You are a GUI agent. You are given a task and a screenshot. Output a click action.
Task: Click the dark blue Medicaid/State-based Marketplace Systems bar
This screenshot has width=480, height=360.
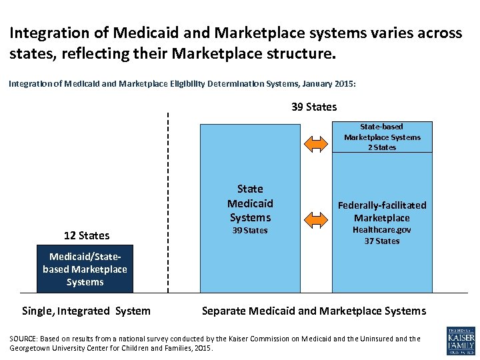click(85, 269)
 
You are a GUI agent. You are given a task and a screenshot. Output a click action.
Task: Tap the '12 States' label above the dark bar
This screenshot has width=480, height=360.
click(87, 235)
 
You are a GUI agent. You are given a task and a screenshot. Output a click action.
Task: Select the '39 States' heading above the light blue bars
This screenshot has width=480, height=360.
click(314, 107)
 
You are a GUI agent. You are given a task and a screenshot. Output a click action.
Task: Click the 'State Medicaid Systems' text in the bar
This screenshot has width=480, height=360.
click(250, 203)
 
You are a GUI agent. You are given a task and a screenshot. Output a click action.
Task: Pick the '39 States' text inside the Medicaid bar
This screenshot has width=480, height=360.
click(250, 231)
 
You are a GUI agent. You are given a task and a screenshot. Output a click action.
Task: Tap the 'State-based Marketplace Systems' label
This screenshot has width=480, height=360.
click(382, 131)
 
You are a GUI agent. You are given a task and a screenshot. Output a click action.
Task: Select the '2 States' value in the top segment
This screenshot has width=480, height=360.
click(382, 147)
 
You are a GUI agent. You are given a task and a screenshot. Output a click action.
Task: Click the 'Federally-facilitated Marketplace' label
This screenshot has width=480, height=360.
click(382, 211)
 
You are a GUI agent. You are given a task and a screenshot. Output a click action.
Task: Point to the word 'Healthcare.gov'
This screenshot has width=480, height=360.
click(382, 229)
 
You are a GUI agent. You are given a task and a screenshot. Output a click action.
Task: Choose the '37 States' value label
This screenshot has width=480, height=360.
click(382, 241)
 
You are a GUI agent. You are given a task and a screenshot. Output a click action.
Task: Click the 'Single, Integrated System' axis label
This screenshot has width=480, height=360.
click(86, 311)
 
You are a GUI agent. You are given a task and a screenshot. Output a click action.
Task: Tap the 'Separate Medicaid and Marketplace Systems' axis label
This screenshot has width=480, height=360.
click(313, 311)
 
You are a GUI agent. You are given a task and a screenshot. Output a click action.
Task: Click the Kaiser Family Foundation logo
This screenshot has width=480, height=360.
click(461, 341)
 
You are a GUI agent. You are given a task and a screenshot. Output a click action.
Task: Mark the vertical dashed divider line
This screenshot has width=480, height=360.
click(168, 200)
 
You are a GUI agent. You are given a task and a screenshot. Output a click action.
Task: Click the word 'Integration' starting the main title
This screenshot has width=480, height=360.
click(43, 33)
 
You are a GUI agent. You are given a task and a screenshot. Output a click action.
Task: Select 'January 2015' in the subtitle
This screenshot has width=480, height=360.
click(327, 85)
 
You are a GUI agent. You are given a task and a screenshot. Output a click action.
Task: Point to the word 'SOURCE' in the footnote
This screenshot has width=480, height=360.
click(23, 339)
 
